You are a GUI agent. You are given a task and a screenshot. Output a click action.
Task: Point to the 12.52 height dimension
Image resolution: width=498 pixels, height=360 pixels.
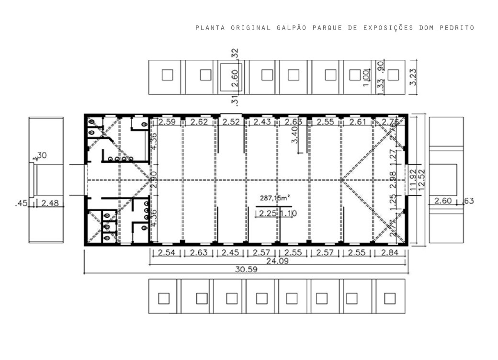pyautogui.click(x=421, y=180)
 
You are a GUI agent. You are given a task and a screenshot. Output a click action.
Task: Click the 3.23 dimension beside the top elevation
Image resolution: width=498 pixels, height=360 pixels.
pyautogui.click(x=414, y=76)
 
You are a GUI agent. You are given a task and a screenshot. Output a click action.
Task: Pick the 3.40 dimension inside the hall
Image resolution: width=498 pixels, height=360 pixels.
pyautogui.click(x=294, y=134)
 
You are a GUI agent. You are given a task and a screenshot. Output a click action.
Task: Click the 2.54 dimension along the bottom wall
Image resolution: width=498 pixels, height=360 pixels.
pyautogui.click(x=166, y=253)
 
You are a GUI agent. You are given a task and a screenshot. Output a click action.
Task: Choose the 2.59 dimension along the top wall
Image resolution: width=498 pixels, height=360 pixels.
pyautogui.click(x=167, y=122)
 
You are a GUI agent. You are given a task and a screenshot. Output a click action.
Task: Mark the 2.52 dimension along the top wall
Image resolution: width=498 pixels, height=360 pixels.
pyautogui.click(x=231, y=122)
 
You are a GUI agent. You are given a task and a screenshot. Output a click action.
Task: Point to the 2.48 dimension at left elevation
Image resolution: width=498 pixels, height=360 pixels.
pyautogui.click(x=50, y=203)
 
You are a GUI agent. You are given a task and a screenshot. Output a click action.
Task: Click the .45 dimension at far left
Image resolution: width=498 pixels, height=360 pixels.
pyautogui.click(x=22, y=203)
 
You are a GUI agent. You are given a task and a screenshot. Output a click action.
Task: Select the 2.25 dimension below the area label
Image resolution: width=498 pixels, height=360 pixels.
pyautogui.click(x=267, y=214)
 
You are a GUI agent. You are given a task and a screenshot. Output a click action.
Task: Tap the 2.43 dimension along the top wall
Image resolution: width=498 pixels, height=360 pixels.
pyautogui.click(x=262, y=122)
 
